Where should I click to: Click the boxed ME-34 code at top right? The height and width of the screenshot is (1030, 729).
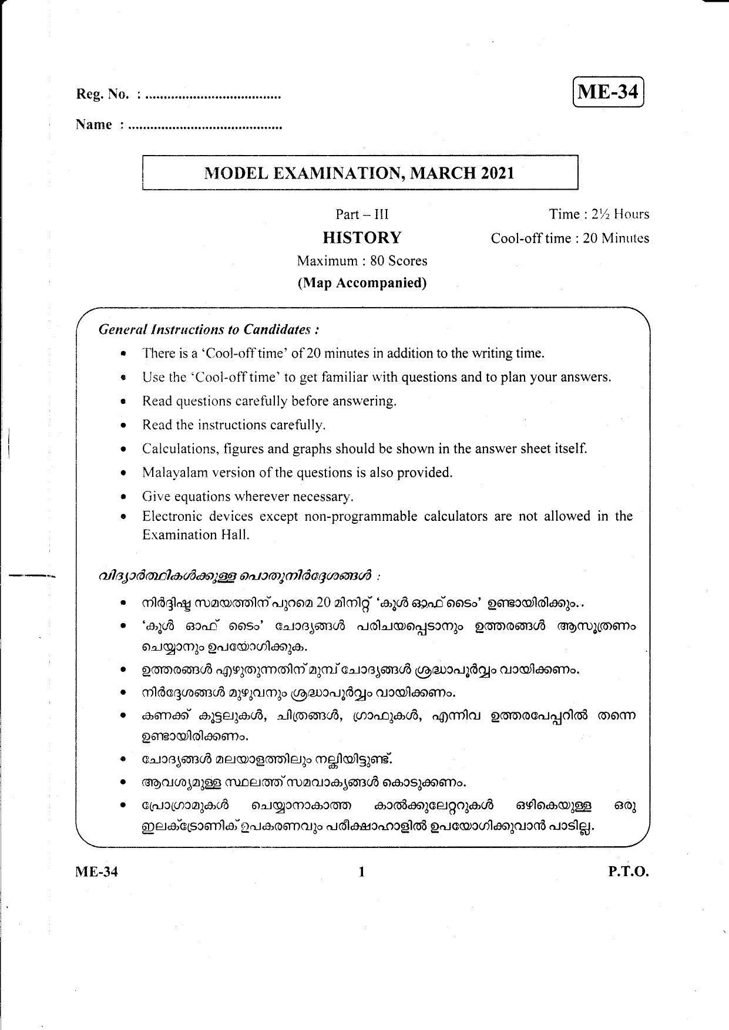pyautogui.click(x=608, y=92)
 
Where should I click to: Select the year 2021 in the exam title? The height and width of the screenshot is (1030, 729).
pyautogui.click(x=497, y=173)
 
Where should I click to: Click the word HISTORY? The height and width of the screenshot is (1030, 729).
pyautogui.click(x=362, y=238)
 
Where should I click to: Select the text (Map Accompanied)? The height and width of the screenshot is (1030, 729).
pyautogui.click(x=362, y=283)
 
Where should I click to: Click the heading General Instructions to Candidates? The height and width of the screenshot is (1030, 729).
pyautogui.click(x=209, y=329)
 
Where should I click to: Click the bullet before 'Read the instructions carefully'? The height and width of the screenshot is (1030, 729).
pyautogui.click(x=123, y=425)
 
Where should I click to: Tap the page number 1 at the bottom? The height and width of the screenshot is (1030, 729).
pyautogui.click(x=362, y=872)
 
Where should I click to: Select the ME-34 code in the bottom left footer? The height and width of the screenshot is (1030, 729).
pyautogui.click(x=97, y=872)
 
